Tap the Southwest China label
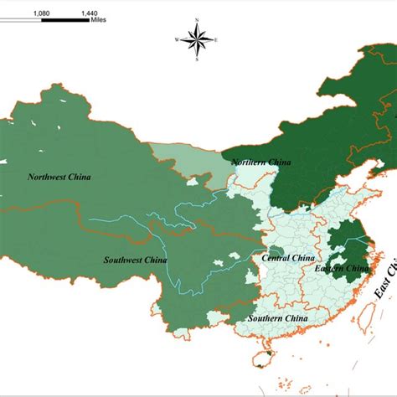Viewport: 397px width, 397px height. point(136,260)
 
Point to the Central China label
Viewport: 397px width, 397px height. point(288,258)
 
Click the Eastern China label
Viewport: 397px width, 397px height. point(341,268)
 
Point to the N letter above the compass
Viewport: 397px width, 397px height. point(198,18)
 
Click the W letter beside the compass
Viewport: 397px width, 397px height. point(177,39)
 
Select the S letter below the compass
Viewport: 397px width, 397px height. point(198,59)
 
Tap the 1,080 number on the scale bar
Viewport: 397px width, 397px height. point(40,14)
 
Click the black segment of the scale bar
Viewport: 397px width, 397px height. point(63,23)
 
